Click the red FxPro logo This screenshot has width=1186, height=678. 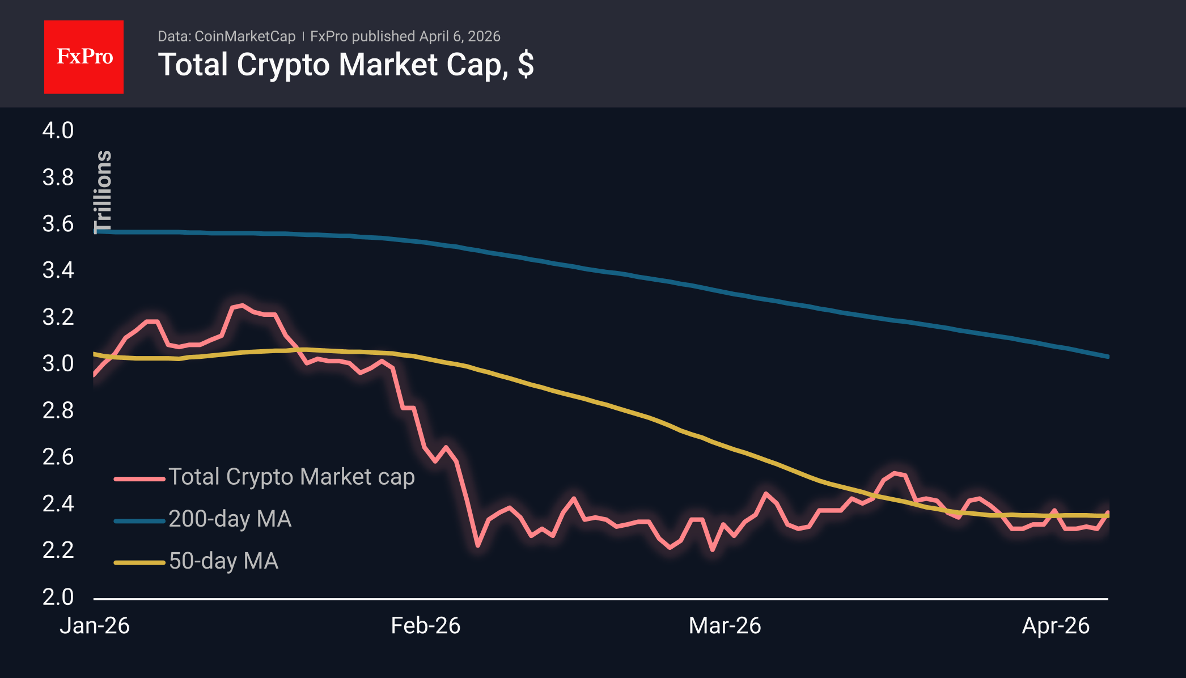click(x=84, y=57)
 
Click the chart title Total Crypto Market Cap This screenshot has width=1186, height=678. click(x=346, y=65)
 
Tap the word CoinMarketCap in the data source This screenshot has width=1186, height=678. click(x=245, y=36)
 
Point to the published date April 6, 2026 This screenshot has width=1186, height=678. click(x=460, y=36)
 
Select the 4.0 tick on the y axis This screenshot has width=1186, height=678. click(x=58, y=131)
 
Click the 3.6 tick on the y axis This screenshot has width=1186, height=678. click(x=58, y=224)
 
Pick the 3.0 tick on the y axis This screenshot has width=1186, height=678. click(x=58, y=363)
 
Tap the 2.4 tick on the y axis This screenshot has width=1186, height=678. click(x=58, y=503)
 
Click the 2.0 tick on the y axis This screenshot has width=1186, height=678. click(x=58, y=597)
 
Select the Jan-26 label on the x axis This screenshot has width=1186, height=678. click(x=95, y=626)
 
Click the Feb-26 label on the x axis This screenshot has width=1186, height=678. click(x=426, y=626)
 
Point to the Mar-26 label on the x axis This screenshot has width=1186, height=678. click(x=725, y=626)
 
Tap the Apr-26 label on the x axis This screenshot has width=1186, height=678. click(x=1056, y=626)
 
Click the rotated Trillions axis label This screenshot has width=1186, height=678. click(x=103, y=192)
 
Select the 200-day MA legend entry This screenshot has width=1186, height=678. click(x=230, y=519)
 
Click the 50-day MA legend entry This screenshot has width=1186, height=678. click(x=223, y=561)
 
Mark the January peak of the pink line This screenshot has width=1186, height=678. click(x=243, y=306)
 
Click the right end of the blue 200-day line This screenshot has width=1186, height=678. click(x=1107, y=357)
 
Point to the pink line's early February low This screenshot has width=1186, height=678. click(x=478, y=545)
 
